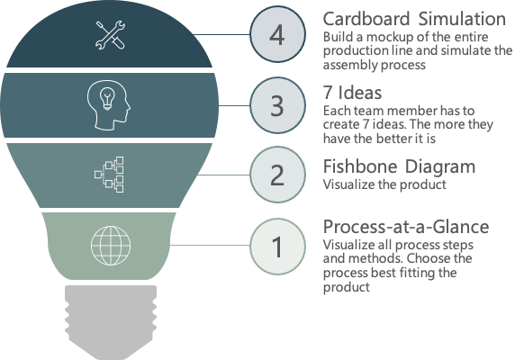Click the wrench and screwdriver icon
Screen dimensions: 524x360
click(x=110, y=35)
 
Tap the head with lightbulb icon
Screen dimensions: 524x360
click(x=109, y=105)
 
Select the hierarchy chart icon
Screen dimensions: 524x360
click(x=109, y=175)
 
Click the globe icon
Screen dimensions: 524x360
click(x=111, y=246)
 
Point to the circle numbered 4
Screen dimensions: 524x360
click(x=277, y=34)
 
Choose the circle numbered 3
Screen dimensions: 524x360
click(x=277, y=105)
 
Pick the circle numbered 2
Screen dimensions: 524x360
click(x=277, y=175)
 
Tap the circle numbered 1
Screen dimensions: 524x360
click(x=277, y=247)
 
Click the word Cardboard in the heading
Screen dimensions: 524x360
click(x=366, y=19)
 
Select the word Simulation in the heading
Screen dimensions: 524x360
click(x=462, y=19)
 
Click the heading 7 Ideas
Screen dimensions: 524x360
click(x=352, y=93)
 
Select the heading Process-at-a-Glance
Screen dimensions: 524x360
click(x=406, y=227)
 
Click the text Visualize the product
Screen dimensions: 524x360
click(x=384, y=184)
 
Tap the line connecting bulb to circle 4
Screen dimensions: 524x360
click(x=221, y=34)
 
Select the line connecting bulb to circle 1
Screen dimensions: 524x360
click(x=210, y=245)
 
